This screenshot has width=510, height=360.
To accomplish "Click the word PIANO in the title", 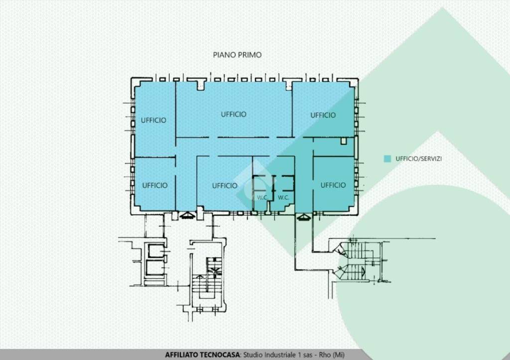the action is click(225, 55).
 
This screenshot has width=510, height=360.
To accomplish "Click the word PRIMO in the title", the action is click(250, 55).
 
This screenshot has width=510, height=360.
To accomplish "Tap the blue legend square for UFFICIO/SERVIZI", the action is click(387, 159).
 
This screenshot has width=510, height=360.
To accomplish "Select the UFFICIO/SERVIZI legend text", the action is click(418, 159).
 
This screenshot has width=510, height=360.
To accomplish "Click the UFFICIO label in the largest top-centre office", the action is click(234, 114).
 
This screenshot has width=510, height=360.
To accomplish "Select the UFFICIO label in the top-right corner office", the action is click(323, 115).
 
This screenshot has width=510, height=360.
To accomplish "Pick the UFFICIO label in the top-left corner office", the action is click(153, 120).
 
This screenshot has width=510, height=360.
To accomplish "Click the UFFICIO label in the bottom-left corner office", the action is click(155, 185).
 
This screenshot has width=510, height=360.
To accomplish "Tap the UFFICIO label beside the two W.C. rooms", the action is click(225, 186).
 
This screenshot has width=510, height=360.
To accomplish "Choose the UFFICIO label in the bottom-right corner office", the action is click(333, 185).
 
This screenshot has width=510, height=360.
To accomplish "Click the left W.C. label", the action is click(262, 197).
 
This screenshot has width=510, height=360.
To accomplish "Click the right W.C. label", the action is click(283, 197).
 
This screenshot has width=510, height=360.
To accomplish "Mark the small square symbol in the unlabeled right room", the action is click(344, 141).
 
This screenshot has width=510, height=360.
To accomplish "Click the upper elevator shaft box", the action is click(156, 251).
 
